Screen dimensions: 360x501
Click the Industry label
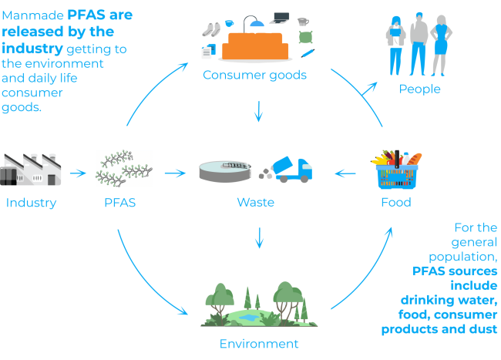[x=32, y=204]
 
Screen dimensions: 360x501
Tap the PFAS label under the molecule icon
[x=119, y=204]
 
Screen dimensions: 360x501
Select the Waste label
[x=256, y=204]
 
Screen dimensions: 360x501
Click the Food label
[x=396, y=204]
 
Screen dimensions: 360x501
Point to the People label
[x=419, y=89]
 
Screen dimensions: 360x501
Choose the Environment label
[x=258, y=344]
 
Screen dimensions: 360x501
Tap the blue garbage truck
[x=293, y=170]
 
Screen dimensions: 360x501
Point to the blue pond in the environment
[x=247, y=317]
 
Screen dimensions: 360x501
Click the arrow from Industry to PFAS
[x=78, y=173]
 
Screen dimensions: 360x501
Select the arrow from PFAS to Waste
[x=176, y=173]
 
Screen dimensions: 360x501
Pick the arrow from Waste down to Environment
[x=259, y=237]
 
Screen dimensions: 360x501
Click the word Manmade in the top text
[x=32, y=15]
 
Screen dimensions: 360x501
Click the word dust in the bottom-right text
[x=483, y=329]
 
